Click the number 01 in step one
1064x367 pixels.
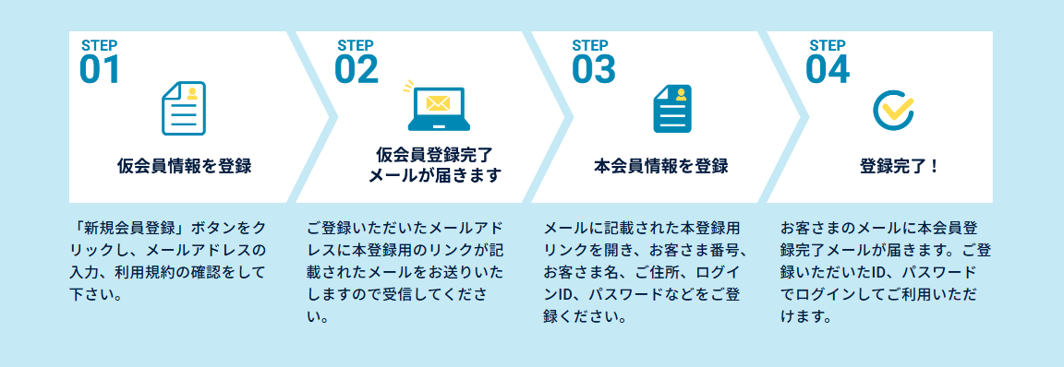(99, 69)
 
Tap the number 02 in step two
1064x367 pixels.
(357, 69)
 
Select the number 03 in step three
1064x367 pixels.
(593, 69)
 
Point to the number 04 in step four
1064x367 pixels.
(828, 69)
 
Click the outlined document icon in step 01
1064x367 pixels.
(183, 108)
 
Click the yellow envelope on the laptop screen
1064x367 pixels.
(437, 103)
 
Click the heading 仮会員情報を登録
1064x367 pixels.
(184, 166)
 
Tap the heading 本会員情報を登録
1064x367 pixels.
(661, 166)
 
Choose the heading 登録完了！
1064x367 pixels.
(900, 166)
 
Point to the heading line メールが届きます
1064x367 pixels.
(435, 176)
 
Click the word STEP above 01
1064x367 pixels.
(100, 46)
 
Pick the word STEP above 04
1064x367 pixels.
(828, 46)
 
